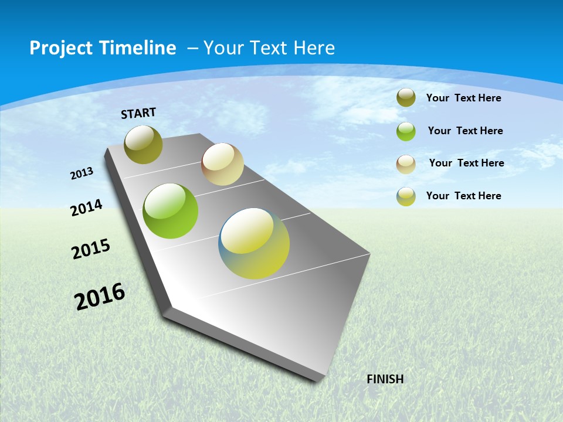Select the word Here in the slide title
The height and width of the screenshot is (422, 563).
[x=314, y=48]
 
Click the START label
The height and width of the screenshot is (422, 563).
[x=138, y=113]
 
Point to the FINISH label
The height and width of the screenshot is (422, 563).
[x=385, y=379]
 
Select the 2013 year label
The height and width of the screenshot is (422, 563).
[x=82, y=173]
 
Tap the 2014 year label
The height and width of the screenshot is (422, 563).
[x=87, y=207]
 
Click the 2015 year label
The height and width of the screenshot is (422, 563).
[x=91, y=249]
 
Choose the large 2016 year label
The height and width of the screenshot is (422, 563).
[x=100, y=296]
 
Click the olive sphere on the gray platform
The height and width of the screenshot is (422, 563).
[x=144, y=144]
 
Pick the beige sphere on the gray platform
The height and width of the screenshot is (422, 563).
[x=222, y=164]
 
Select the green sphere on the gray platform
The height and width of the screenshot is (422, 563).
[x=171, y=211]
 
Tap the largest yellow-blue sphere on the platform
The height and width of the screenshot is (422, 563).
[x=254, y=243]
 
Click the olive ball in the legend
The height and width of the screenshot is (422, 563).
[x=406, y=98]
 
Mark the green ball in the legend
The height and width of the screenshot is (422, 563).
[x=406, y=131]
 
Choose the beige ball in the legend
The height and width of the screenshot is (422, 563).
[x=406, y=164]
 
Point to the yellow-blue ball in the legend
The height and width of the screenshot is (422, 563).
[x=406, y=196]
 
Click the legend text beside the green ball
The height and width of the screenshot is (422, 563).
[x=465, y=131]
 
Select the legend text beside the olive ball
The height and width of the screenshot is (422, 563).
[x=463, y=98]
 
